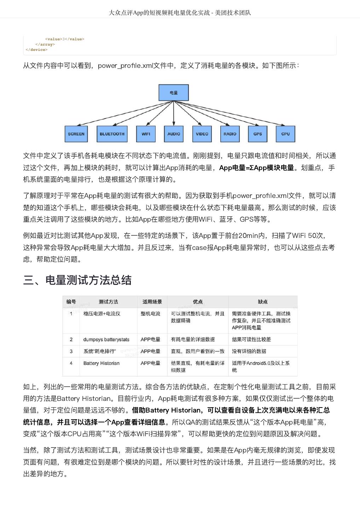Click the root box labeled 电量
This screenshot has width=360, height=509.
(174, 93)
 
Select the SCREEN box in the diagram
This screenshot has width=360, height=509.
(76, 134)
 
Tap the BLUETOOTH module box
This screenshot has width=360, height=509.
(112, 134)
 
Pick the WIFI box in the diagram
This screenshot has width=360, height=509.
(146, 134)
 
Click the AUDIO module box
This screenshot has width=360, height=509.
(174, 134)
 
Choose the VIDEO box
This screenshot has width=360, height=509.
(202, 134)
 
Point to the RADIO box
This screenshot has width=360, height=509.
(230, 134)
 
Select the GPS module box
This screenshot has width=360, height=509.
(257, 134)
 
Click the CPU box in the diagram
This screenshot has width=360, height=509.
(285, 134)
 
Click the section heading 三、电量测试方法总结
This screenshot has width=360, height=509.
(77, 280)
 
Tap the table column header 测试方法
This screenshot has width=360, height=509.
(108, 302)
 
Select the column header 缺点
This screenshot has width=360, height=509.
(263, 302)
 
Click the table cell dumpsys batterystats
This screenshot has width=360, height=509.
(106, 340)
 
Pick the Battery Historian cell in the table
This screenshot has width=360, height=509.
(101, 363)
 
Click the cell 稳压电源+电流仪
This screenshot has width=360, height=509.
(102, 314)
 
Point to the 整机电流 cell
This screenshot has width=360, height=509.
(150, 314)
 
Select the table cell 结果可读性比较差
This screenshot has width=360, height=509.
(251, 340)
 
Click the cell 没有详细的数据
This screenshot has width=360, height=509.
(249, 351)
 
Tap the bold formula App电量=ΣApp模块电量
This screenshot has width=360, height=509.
(256, 168)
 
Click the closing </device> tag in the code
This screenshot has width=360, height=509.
(36, 50)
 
